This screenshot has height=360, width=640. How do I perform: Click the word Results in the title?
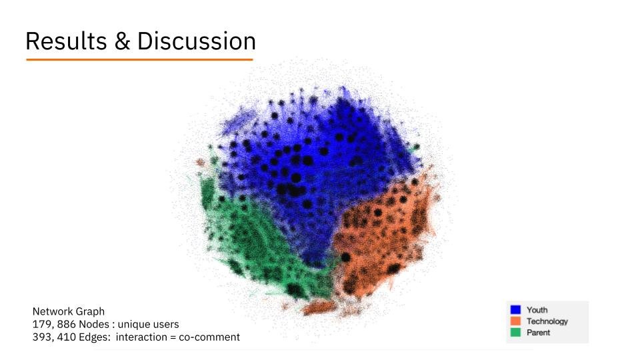coord(66,41)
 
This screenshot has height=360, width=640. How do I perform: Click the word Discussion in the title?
coord(197,41)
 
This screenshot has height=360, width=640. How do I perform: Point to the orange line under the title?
coord(139,59)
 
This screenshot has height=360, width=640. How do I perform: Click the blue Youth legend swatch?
coord(515,310)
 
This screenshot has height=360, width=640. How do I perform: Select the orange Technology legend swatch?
coord(515,321)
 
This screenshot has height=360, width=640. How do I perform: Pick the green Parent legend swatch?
coord(515,332)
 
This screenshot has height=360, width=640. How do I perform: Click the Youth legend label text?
coord(537,310)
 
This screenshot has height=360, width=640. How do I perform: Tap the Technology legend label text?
coord(547,321)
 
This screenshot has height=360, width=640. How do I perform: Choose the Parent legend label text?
coord(538,332)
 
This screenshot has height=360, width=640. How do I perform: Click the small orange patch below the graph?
coord(319,307)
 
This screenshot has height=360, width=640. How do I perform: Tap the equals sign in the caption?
coord(173,337)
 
